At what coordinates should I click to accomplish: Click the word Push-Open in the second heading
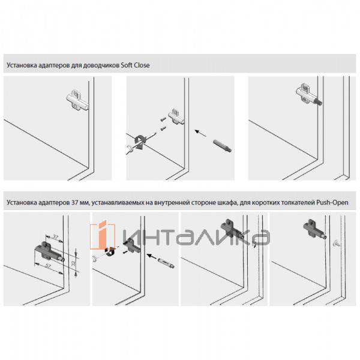pyautogui.click(x=338, y=203)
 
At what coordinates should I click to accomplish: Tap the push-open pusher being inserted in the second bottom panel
pyautogui.click(x=164, y=262)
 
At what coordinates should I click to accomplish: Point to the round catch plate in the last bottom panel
pyautogui.click(x=338, y=244)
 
